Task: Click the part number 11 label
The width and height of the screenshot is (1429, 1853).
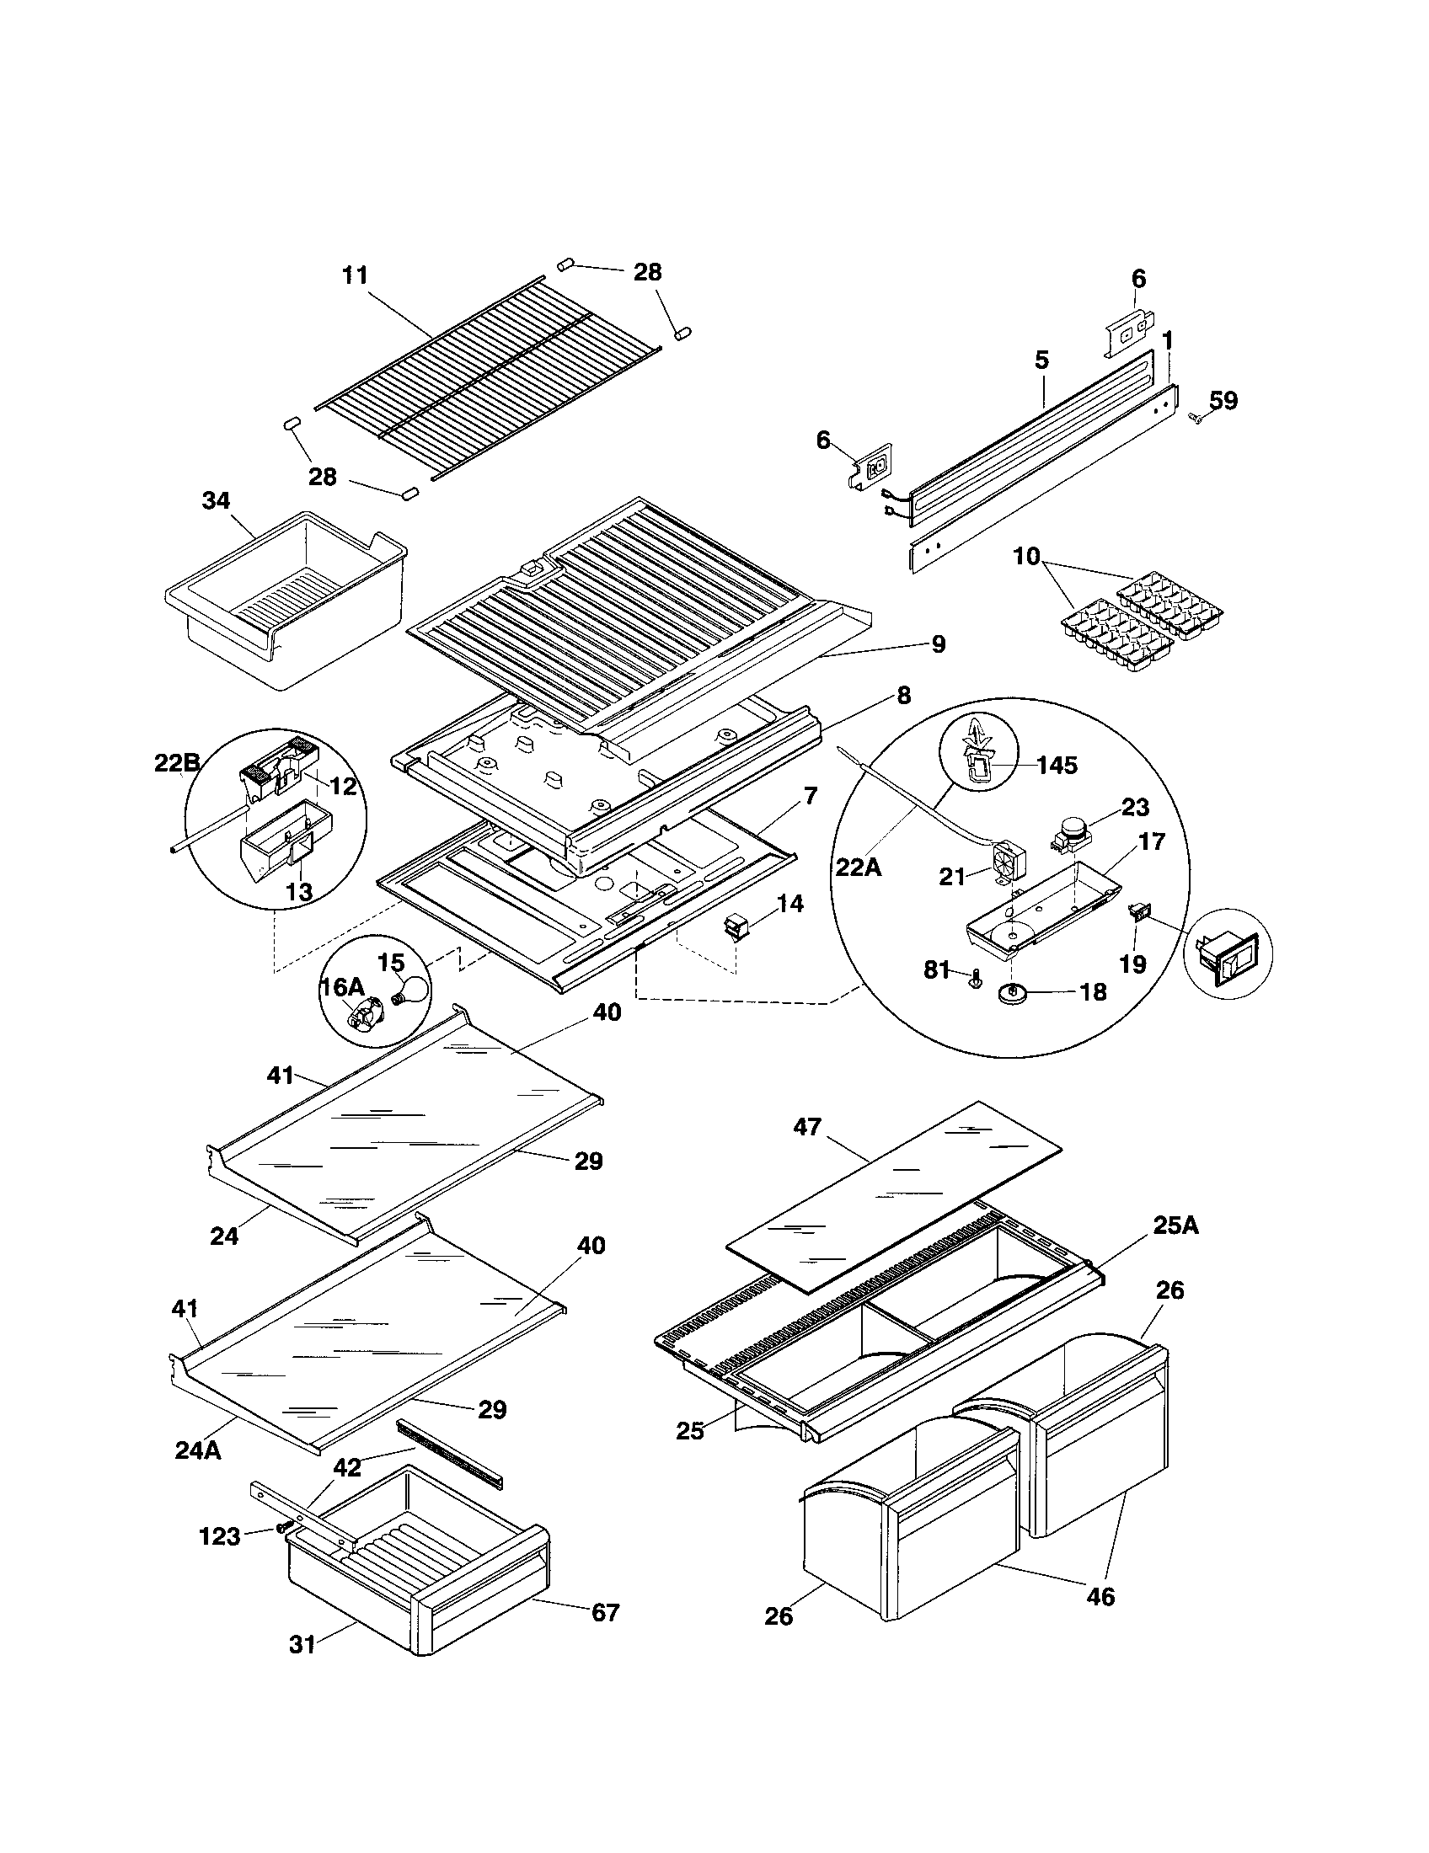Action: (x=355, y=275)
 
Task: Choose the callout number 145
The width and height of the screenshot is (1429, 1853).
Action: (x=1057, y=766)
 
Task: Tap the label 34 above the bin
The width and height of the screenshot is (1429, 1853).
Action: (x=216, y=500)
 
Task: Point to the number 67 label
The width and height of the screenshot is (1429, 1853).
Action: (x=605, y=1612)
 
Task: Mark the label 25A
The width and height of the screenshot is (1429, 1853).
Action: (x=1175, y=1226)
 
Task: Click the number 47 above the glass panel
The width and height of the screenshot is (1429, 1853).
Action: (x=807, y=1127)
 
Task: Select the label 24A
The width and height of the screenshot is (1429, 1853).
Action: (x=198, y=1450)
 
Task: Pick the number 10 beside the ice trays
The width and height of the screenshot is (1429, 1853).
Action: (x=1026, y=557)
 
